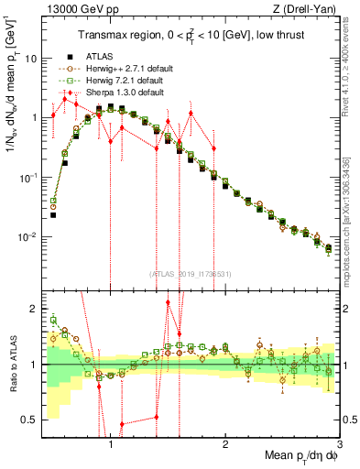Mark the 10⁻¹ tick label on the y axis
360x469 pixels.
point(27,178)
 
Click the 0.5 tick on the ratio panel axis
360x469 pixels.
point(27,420)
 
